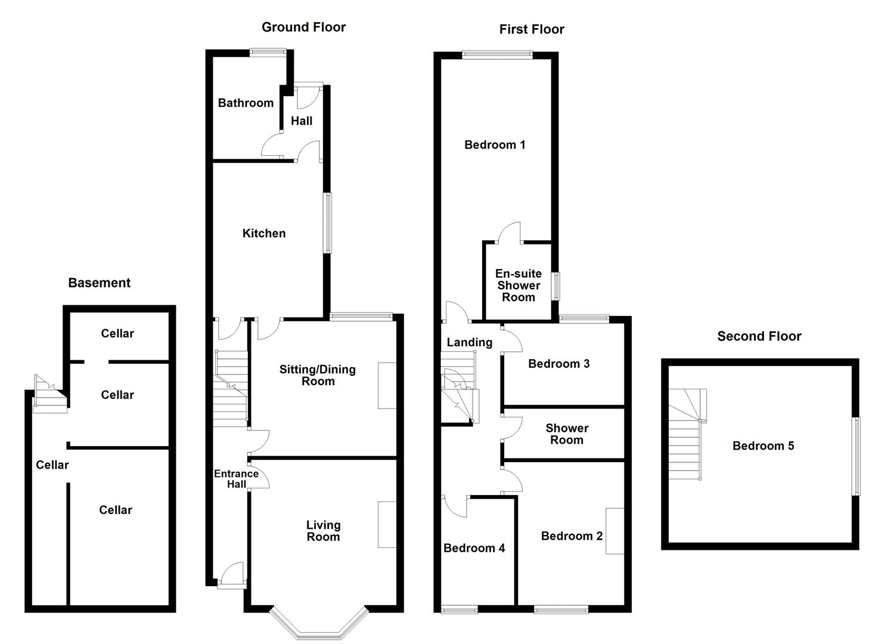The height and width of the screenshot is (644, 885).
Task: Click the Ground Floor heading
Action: (x=303, y=27)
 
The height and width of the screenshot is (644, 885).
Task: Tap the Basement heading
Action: (x=99, y=283)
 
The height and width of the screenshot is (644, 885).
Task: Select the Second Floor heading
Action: (x=759, y=336)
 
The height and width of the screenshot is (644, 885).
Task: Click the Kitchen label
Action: (x=264, y=233)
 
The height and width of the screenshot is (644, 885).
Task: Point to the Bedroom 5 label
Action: (x=763, y=445)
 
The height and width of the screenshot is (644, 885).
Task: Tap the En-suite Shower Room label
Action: (x=518, y=285)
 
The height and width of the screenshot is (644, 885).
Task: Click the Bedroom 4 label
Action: (x=474, y=548)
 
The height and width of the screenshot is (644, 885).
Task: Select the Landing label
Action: (x=470, y=342)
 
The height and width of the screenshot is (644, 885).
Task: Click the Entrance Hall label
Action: (x=236, y=479)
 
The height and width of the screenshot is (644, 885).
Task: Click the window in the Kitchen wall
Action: (x=327, y=223)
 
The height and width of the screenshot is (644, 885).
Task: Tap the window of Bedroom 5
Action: (x=856, y=456)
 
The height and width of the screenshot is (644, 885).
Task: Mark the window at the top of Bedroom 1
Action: (x=497, y=54)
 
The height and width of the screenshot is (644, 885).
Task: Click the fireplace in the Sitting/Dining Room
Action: (x=387, y=385)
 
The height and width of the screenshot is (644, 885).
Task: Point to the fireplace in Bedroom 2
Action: (x=615, y=531)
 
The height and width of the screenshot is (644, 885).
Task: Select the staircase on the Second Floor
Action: (x=687, y=434)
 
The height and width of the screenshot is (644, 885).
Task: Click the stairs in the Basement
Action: (x=50, y=394)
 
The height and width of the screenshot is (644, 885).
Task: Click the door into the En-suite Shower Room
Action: (x=510, y=233)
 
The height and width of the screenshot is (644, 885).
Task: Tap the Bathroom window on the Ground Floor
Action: (x=268, y=52)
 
